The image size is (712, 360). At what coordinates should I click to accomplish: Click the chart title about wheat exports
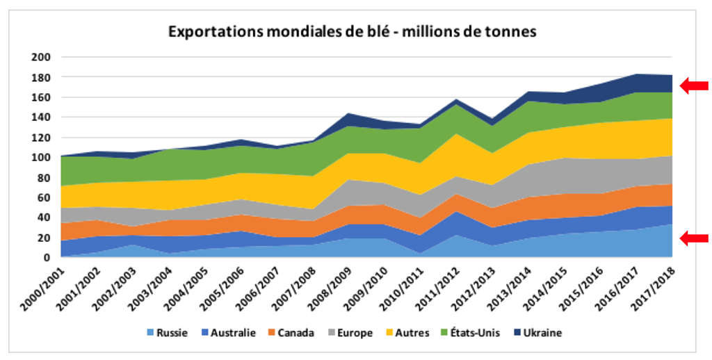click(351, 32)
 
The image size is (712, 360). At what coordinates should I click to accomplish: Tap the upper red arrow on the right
click(693, 85)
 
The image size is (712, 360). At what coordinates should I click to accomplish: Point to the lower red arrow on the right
click(693, 238)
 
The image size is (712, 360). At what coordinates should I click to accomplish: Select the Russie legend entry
click(166, 333)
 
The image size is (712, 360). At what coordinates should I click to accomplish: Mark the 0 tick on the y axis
click(47, 257)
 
